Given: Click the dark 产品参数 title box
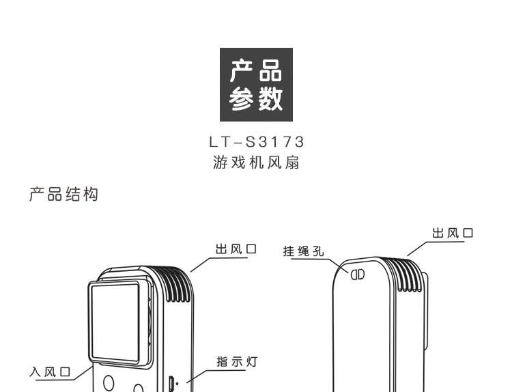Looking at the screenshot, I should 256,85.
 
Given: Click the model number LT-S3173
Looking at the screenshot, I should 256,142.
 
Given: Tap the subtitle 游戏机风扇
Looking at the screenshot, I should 256,163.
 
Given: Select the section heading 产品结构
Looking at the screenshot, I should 63,195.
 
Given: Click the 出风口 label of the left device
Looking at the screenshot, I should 236,249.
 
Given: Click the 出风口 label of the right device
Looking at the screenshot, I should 453,234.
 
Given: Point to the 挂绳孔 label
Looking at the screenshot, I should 304,251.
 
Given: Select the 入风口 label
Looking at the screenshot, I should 50,372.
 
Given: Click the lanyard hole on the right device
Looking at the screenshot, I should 358,275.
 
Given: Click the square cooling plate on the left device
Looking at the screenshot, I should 118,321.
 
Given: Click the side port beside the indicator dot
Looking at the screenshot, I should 172,383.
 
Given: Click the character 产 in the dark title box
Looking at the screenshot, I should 240,71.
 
